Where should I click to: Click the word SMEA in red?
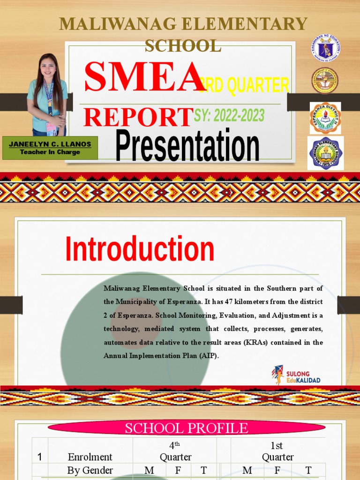point(143,78)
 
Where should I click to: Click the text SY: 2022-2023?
point(229,115)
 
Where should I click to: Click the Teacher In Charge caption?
point(50,152)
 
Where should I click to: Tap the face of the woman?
point(48,67)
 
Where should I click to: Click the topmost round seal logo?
point(325,48)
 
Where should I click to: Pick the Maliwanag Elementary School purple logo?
point(325,153)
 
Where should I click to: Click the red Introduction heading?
point(140,249)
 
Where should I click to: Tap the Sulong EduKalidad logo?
point(296,375)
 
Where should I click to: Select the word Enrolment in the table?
point(90,457)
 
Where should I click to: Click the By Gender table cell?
point(90,471)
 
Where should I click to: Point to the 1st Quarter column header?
point(277,451)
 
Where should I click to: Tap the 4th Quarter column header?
point(175,451)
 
